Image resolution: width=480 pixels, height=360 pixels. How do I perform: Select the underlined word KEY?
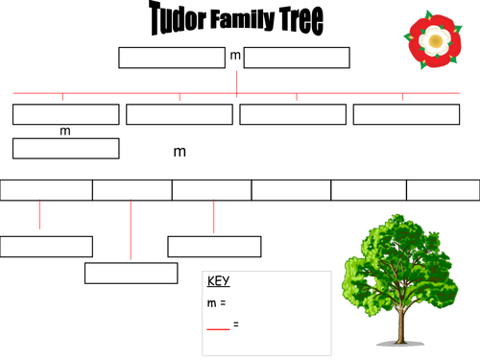218,282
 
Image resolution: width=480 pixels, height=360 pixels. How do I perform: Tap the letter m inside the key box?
211,303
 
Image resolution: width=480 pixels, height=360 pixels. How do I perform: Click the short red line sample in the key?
218,327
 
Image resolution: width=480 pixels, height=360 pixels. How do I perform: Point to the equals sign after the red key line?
236,324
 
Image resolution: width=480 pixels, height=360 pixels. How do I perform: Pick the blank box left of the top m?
171,58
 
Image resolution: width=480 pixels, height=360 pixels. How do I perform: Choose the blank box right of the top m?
297,58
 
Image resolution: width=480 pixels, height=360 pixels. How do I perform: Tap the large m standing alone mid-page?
180,152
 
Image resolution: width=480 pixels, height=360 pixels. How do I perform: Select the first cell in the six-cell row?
46,190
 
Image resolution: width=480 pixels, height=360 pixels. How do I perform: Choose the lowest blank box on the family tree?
131,273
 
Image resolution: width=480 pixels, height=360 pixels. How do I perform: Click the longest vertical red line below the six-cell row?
131,230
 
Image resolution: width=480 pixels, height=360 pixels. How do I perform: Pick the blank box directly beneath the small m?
65,148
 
